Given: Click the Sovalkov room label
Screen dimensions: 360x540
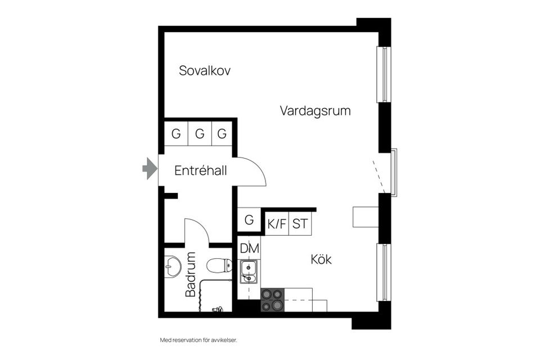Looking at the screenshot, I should point(205,71).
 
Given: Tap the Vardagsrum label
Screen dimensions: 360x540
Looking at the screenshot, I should point(315,111).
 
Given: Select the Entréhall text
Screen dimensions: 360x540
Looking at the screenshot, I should point(200,170).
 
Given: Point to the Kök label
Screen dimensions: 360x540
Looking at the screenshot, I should point(321,260).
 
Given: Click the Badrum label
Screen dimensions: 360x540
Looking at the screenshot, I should point(191,274).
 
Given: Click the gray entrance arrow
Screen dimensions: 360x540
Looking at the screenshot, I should point(148,168).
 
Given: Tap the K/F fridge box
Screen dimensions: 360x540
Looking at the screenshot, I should point(277,224).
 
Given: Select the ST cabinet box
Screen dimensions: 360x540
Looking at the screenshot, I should point(300,224).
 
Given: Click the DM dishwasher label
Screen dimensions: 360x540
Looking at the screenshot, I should point(249,247).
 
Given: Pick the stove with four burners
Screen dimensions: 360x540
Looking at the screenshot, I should point(272,299).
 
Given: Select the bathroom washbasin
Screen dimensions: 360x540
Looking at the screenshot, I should point(173,264).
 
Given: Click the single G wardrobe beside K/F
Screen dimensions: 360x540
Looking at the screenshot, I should point(249,220).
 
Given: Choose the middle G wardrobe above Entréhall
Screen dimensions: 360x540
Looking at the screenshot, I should point(199,134).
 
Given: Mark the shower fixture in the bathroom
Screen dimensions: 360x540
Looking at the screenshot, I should point(217,308).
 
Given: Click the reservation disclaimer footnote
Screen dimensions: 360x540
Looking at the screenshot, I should point(195,340).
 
